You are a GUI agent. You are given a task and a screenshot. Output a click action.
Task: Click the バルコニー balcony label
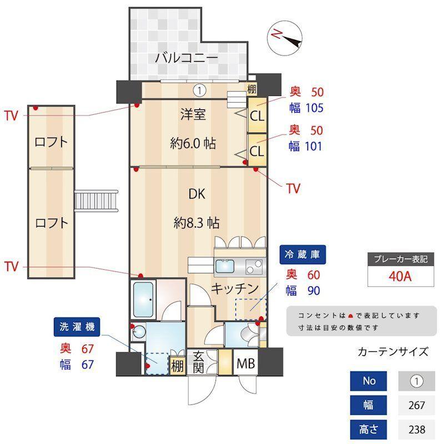[186, 57]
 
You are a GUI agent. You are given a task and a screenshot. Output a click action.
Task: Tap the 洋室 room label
[193, 115]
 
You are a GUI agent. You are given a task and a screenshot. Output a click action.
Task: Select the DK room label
[197, 194]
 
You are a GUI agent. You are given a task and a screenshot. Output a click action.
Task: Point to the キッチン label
[235, 289]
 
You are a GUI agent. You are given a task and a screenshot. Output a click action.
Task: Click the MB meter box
[246, 364]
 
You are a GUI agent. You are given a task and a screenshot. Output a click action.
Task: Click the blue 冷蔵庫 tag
[303, 256]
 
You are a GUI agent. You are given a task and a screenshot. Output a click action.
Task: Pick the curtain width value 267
[416, 405]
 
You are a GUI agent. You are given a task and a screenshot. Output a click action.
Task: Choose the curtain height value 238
[416, 429]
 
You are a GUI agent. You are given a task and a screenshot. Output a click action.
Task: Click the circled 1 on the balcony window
[200, 89]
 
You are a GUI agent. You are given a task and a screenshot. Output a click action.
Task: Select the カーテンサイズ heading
[393, 351]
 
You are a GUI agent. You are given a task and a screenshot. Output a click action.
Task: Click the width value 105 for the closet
[312, 108]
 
